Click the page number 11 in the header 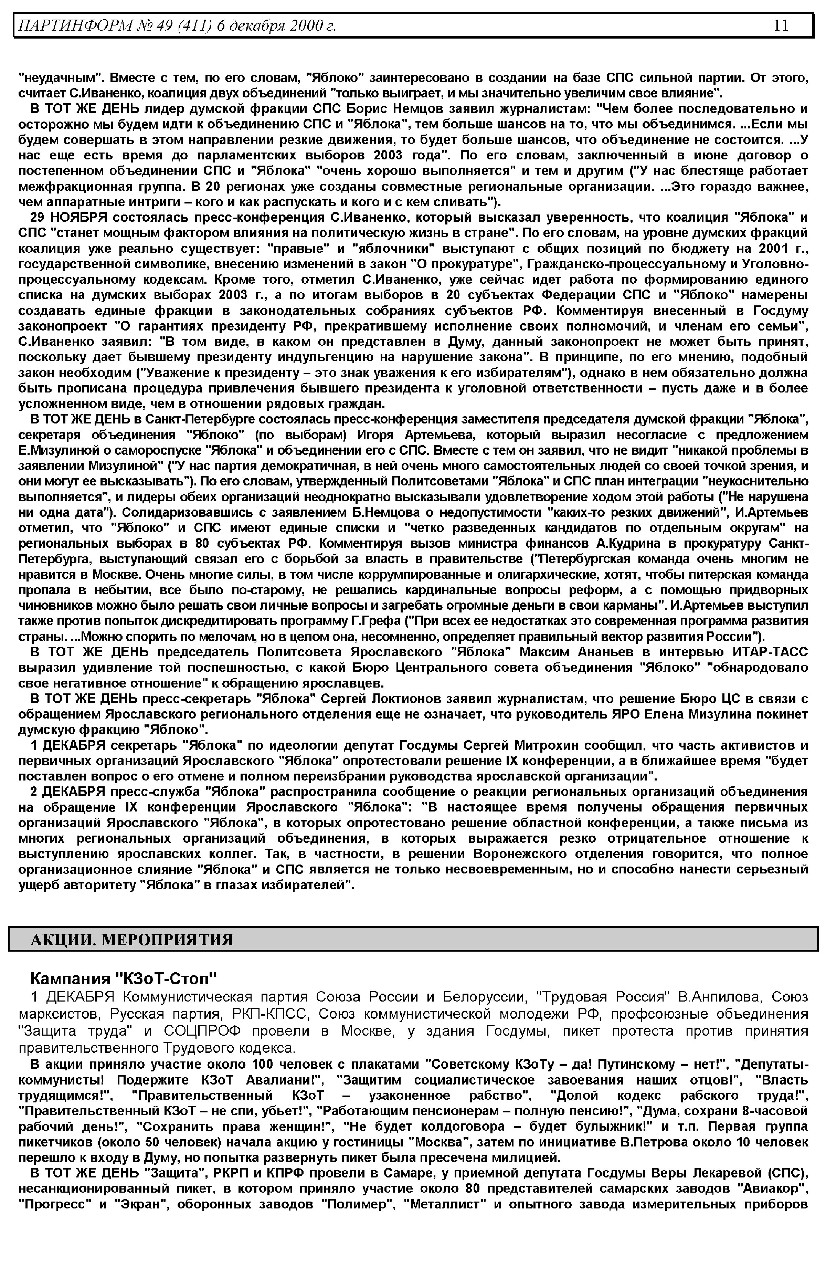(x=781, y=25)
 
